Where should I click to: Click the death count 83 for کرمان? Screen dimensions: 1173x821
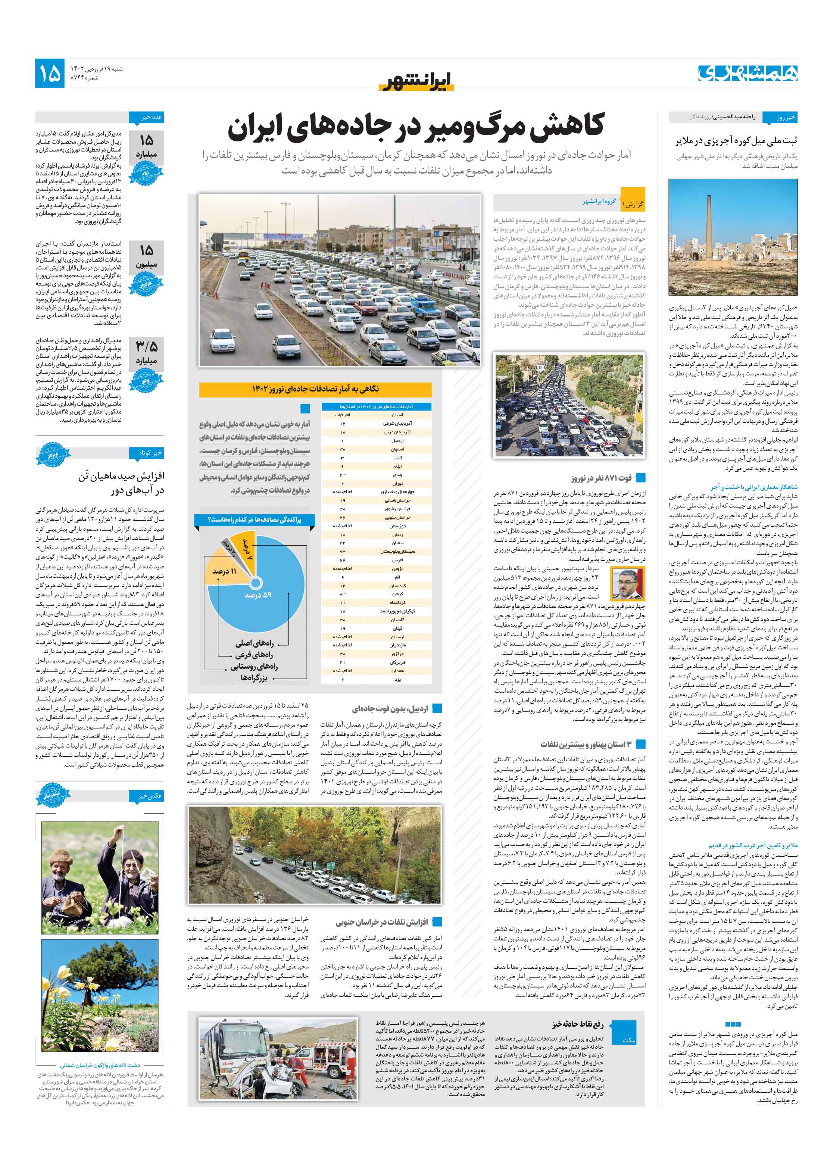point(342,594)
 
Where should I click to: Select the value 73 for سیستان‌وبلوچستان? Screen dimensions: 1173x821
point(342,551)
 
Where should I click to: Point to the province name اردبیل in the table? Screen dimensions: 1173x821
point(397,440)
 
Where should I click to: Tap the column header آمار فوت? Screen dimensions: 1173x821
point(342,414)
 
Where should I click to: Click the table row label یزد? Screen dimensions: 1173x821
point(397,680)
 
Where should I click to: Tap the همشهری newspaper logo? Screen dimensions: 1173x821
point(747,73)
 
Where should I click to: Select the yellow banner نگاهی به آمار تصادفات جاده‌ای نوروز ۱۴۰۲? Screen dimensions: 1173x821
point(315,389)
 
